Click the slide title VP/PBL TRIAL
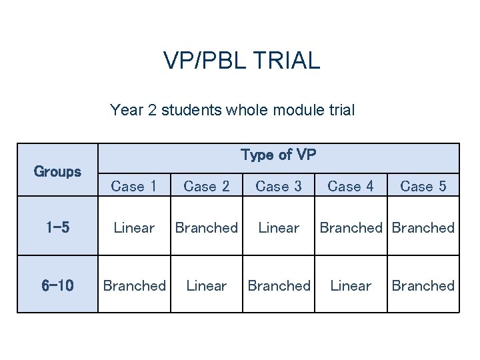(241, 61)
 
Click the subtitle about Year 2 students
(232, 109)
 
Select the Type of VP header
(278, 155)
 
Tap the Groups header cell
(57, 171)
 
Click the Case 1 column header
(134, 186)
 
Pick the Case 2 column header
(207, 186)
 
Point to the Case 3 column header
(279, 186)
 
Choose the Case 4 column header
(351, 186)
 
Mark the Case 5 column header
(423, 186)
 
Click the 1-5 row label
(57, 227)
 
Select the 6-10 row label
(57, 285)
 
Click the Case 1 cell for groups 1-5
(134, 227)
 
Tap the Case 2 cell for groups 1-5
(207, 227)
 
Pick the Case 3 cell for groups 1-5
(279, 227)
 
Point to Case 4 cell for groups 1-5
(351, 227)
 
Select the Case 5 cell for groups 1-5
(423, 227)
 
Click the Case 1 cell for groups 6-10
(134, 285)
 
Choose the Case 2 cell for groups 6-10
(207, 285)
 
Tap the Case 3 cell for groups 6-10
(279, 285)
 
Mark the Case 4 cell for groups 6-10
(351, 285)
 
